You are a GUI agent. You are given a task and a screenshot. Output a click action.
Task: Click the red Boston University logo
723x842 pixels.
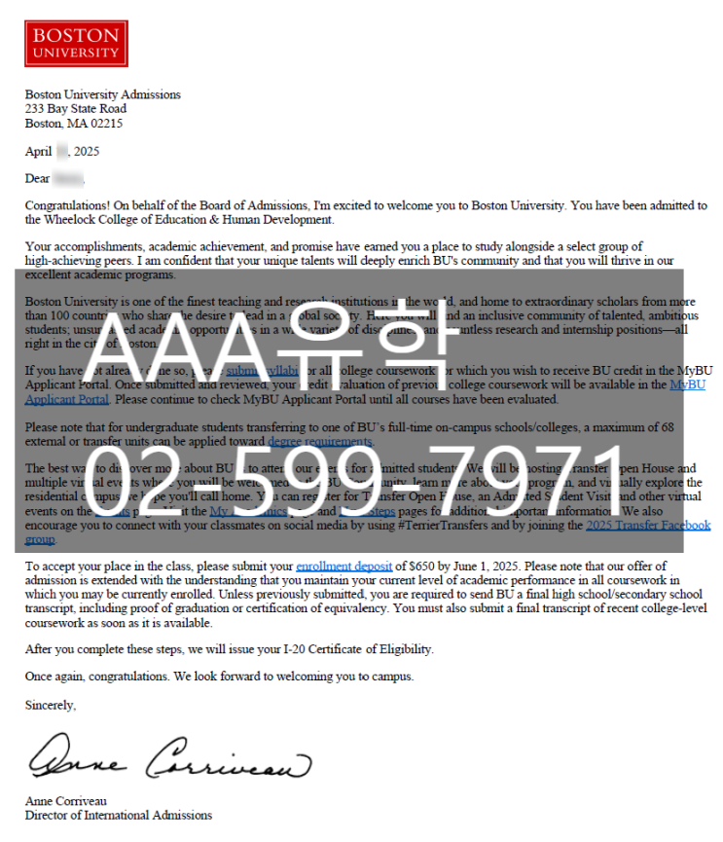[x=76, y=44]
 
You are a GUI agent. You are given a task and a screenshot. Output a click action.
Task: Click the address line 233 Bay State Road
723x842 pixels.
[x=76, y=110]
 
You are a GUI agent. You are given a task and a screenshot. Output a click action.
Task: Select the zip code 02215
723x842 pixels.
[x=107, y=125]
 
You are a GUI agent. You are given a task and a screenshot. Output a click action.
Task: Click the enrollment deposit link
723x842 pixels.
[x=345, y=566]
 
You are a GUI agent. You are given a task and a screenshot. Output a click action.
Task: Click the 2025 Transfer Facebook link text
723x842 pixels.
[x=647, y=526]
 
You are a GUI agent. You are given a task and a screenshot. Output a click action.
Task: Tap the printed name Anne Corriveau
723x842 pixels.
[x=67, y=801]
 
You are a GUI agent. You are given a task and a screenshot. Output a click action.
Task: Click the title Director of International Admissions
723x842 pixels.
[x=118, y=816]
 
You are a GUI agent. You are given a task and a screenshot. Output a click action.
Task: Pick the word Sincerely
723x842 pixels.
[x=50, y=705]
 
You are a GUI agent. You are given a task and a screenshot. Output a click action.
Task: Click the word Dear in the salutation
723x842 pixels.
[x=38, y=179]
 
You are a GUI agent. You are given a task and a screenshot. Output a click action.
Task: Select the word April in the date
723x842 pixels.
[x=38, y=152]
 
